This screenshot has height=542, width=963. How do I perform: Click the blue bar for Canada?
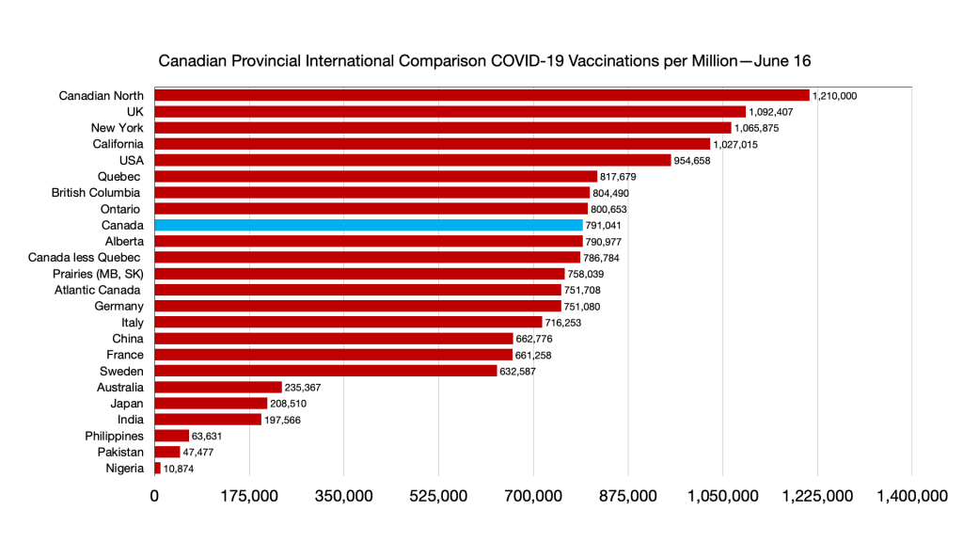pos(369,225)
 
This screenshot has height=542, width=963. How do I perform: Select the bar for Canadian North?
pos(481,95)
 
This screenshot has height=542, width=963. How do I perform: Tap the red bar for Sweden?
pos(325,371)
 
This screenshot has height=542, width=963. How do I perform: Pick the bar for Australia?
pos(218,387)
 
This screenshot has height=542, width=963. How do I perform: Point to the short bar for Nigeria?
pos(158,468)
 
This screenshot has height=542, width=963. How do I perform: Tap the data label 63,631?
pos(212,436)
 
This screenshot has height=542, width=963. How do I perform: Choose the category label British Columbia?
pos(97,192)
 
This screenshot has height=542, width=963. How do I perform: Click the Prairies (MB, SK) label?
pos(99,273)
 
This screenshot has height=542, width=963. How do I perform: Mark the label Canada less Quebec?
pos(86,257)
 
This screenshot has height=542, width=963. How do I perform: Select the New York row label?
pos(117,128)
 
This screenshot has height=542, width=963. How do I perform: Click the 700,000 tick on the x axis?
pos(533,496)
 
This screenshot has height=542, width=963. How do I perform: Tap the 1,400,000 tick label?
pos(911,496)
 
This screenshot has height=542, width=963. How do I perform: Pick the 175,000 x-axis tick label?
pos(249,496)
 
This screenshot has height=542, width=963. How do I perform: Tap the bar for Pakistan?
pos(167,452)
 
